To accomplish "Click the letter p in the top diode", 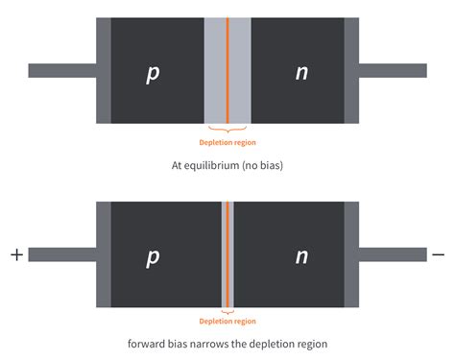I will coord(153,73).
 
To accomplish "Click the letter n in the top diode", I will coord(301,73).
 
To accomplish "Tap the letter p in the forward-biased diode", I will coord(153,257).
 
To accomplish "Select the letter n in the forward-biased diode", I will coord(301,257).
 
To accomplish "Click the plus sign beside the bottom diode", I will coord(15,254).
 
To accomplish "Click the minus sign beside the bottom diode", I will coord(439,254).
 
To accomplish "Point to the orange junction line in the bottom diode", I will coord(227,254).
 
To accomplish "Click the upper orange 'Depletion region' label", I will coord(227,140).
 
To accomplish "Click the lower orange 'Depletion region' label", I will coord(227,322).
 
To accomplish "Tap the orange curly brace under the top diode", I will coord(227,129).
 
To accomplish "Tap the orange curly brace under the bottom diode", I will coord(227,311).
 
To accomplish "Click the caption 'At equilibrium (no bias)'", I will coord(227,165).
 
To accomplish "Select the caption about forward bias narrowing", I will coord(227,343).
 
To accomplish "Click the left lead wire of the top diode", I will coord(62,70).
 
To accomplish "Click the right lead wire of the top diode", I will coord(393,70).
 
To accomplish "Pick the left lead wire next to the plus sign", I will coord(62,254).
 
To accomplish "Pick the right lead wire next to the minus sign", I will coord(393,254).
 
